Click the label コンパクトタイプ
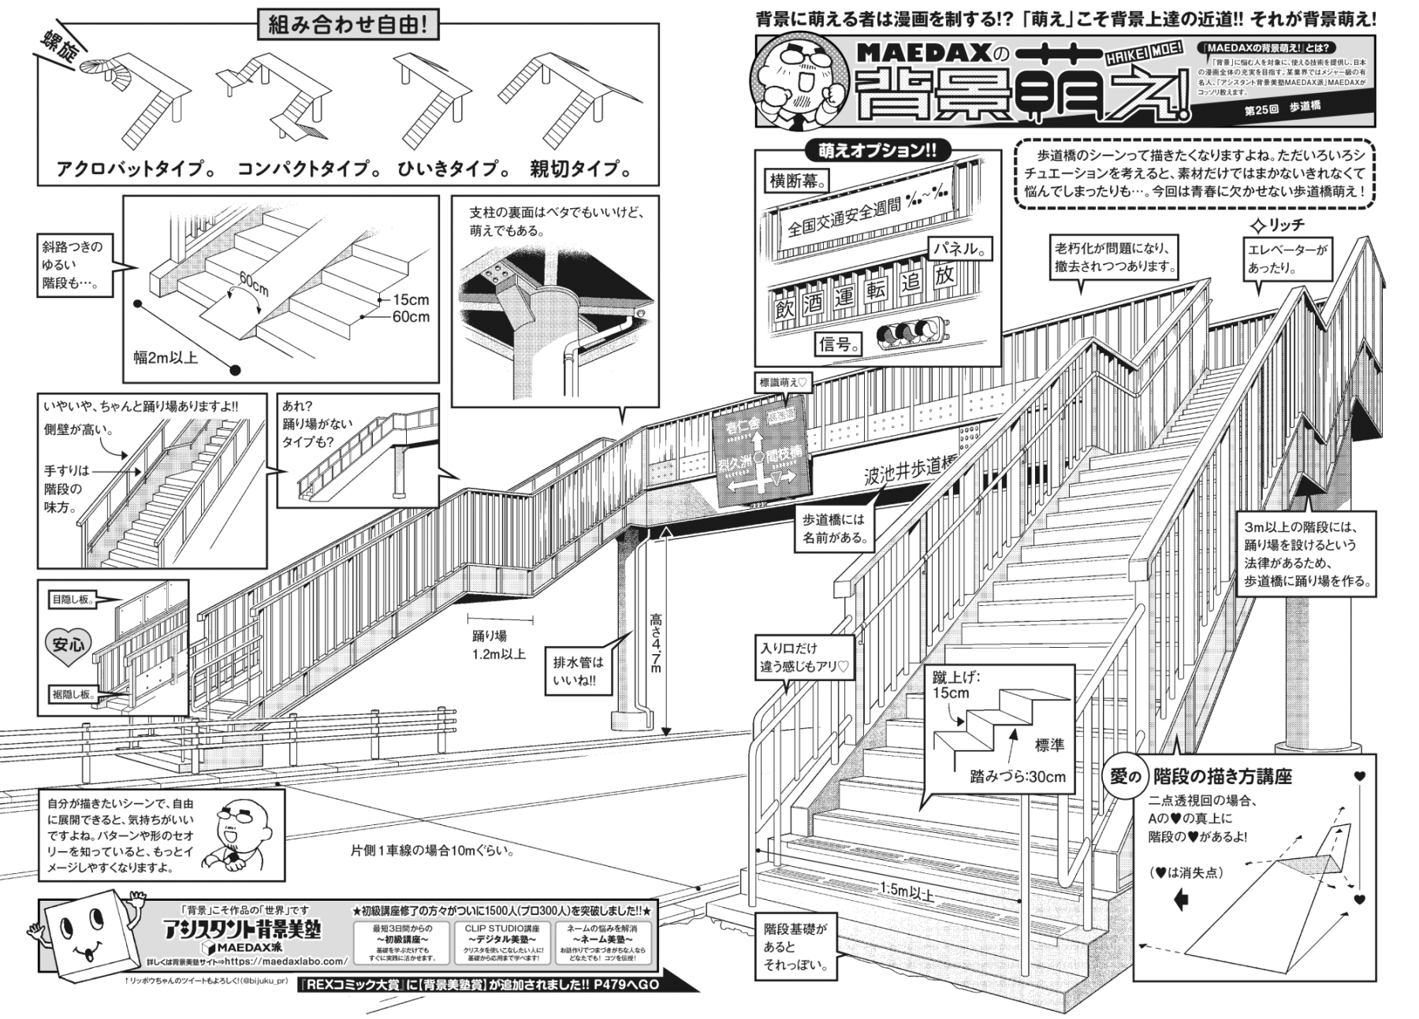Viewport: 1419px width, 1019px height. click(304, 169)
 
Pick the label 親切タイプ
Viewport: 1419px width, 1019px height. click(580, 169)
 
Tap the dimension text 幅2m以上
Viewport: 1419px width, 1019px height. click(166, 358)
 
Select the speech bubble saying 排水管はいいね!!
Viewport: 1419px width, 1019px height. click(578, 671)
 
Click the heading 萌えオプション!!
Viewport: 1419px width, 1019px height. click(877, 151)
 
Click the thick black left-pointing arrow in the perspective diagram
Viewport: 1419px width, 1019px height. click(1180, 899)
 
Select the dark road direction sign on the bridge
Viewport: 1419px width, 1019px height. click(762, 459)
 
